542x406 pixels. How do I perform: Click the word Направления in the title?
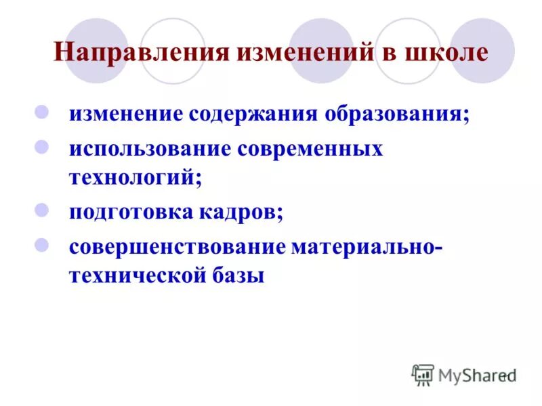point(142,52)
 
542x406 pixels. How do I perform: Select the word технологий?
point(135,178)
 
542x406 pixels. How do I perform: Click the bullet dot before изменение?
point(41,110)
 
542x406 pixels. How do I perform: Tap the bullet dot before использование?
point(41,146)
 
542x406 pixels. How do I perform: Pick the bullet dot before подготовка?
point(41,209)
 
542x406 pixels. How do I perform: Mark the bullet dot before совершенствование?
point(41,244)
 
